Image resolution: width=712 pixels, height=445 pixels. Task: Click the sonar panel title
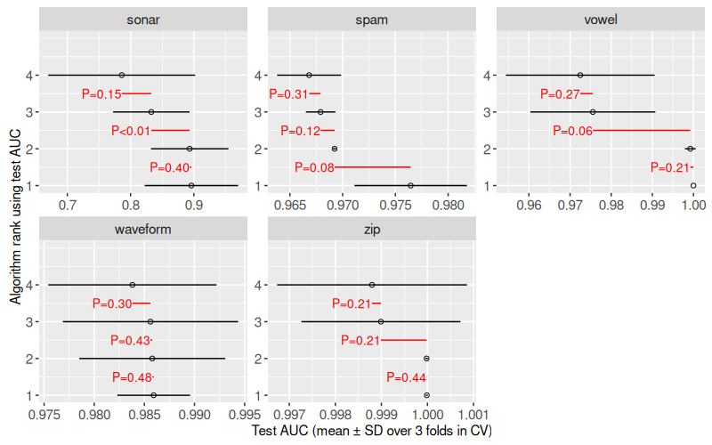(x=144, y=19)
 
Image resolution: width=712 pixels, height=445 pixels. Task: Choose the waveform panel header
(x=144, y=228)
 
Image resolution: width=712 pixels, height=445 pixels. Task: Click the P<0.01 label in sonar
(x=130, y=131)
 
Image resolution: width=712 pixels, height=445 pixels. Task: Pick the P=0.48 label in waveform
(x=130, y=377)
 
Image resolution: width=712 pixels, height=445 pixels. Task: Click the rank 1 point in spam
(x=410, y=186)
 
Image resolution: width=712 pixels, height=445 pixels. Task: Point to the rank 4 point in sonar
(x=122, y=75)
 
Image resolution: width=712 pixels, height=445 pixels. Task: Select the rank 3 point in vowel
(x=593, y=112)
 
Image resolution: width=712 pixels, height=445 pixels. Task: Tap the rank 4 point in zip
(x=372, y=285)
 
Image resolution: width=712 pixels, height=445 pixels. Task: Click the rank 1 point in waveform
(x=154, y=395)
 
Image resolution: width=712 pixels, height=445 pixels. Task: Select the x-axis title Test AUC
(x=372, y=431)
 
